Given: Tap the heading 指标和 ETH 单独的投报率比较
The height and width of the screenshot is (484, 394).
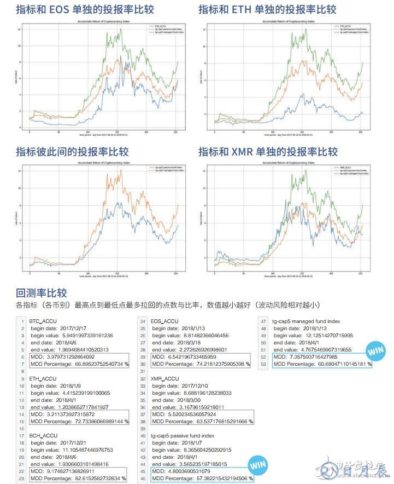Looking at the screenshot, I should (x=267, y=9).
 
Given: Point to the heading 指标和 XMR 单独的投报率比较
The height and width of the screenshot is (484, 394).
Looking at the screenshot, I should (x=268, y=151).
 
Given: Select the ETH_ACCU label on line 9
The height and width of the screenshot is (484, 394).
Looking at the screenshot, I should (x=43, y=378).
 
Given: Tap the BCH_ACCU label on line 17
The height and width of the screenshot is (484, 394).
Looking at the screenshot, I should (x=43, y=436).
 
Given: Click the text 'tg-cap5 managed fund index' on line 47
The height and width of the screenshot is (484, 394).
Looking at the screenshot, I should (x=306, y=321).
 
